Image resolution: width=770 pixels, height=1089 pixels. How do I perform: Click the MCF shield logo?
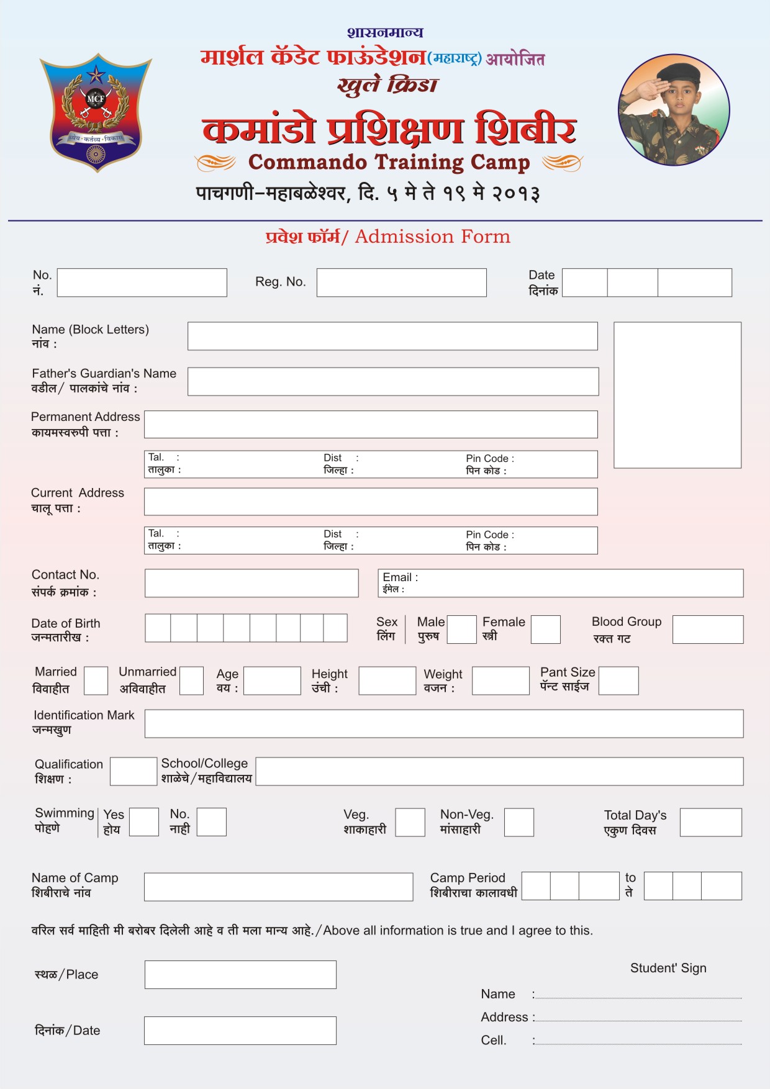(96, 112)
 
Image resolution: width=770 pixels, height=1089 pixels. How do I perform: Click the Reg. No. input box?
(401, 282)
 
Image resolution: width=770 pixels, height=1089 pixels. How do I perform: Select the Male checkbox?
(461, 630)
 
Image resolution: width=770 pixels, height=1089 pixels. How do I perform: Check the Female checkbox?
(546, 630)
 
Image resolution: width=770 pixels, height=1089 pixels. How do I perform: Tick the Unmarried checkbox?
(191, 681)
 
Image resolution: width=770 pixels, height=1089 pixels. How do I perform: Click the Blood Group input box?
(707, 630)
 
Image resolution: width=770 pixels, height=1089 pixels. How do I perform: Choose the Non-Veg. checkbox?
(519, 822)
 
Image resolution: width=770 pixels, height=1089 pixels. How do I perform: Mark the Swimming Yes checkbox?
(143, 822)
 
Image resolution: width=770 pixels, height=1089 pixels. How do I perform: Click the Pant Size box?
(618, 680)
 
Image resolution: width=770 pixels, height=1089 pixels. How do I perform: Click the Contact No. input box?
(251, 583)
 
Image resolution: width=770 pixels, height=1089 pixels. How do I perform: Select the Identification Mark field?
(443, 724)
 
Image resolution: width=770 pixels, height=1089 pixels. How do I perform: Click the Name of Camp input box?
(278, 887)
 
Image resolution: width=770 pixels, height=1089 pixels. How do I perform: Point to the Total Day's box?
(710, 822)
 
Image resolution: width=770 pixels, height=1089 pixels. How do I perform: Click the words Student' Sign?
(668, 968)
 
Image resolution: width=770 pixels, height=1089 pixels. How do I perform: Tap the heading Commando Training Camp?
(389, 162)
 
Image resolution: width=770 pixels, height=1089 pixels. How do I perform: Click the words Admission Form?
(432, 237)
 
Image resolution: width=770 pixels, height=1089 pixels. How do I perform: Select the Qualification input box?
(134, 771)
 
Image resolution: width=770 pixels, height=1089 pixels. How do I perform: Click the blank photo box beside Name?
(677, 395)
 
